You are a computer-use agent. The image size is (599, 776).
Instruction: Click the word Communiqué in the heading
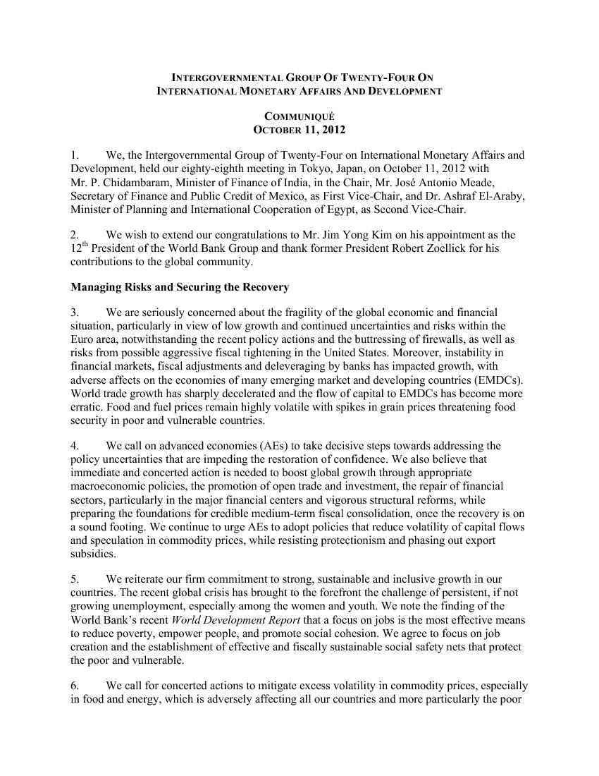coord(299,116)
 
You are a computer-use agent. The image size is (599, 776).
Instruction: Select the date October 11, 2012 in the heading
coord(299,130)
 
